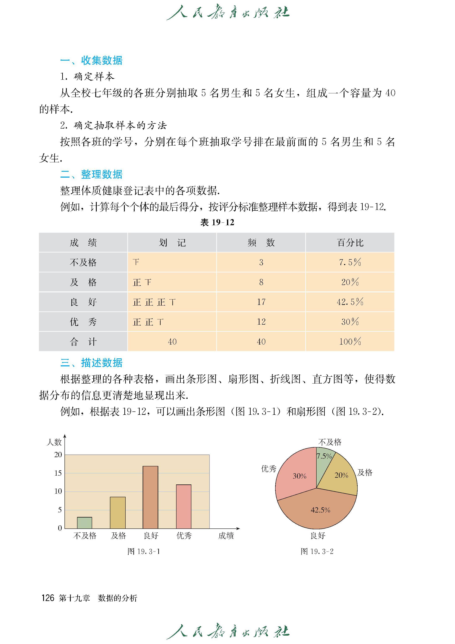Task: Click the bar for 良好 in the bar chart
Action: [151, 497]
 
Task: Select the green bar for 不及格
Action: [84, 523]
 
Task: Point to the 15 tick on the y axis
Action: [58, 473]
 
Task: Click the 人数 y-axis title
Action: [54, 442]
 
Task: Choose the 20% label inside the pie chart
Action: [341, 475]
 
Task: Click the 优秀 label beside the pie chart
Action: [269, 469]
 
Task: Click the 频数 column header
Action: [261, 242]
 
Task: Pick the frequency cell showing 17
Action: [261, 302]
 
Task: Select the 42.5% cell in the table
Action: [350, 302]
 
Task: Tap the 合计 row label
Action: [83, 341]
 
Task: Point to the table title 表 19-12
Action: [217, 222]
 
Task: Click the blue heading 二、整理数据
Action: [91, 174]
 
